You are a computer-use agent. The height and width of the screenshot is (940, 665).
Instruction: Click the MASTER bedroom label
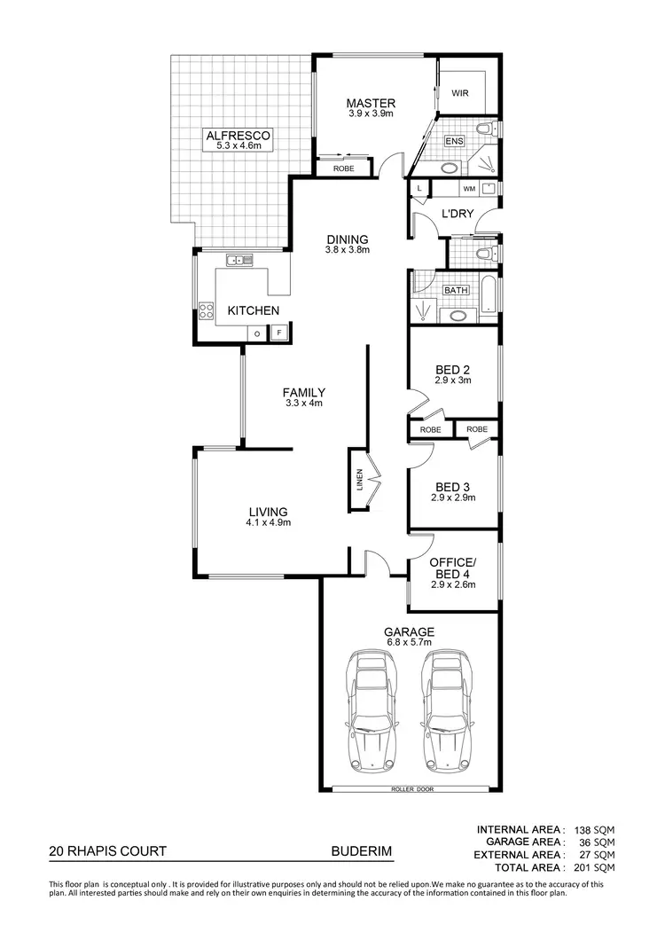point(371,103)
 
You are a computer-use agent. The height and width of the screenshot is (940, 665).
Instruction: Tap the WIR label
point(460,93)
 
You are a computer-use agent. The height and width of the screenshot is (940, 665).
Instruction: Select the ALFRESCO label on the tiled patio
point(238,136)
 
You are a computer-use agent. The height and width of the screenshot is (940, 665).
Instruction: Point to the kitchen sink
point(239,260)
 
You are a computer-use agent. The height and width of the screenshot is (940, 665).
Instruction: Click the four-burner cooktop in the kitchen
point(207,310)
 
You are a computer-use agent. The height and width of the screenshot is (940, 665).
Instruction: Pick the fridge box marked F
point(278,333)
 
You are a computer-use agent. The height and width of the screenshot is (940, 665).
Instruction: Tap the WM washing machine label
point(468,189)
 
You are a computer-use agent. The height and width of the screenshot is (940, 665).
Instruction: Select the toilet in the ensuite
point(483,130)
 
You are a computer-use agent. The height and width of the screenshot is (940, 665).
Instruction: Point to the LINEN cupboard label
point(358,480)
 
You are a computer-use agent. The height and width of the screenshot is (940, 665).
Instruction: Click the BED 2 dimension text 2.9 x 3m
point(452,380)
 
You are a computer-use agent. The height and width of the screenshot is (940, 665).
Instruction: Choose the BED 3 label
point(452,487)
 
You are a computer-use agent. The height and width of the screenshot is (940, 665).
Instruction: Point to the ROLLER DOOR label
point(411,788)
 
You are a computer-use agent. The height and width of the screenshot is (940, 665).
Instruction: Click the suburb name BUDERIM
point(361,851)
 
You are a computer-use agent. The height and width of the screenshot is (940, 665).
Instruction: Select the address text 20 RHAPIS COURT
point(107,851)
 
